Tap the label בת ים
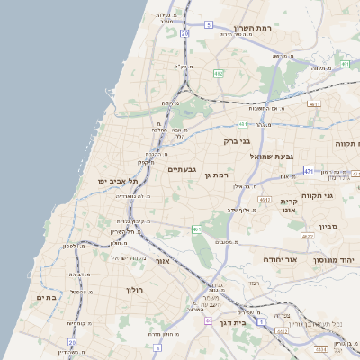[x=47, y=297]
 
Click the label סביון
[x=328, y=227]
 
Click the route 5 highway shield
[x=209, y=24]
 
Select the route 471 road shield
[x=309, y=171]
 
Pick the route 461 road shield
[x=196, y=229]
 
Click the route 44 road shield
[x=208, y=320]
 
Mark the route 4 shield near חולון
[x=157, y=346]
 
